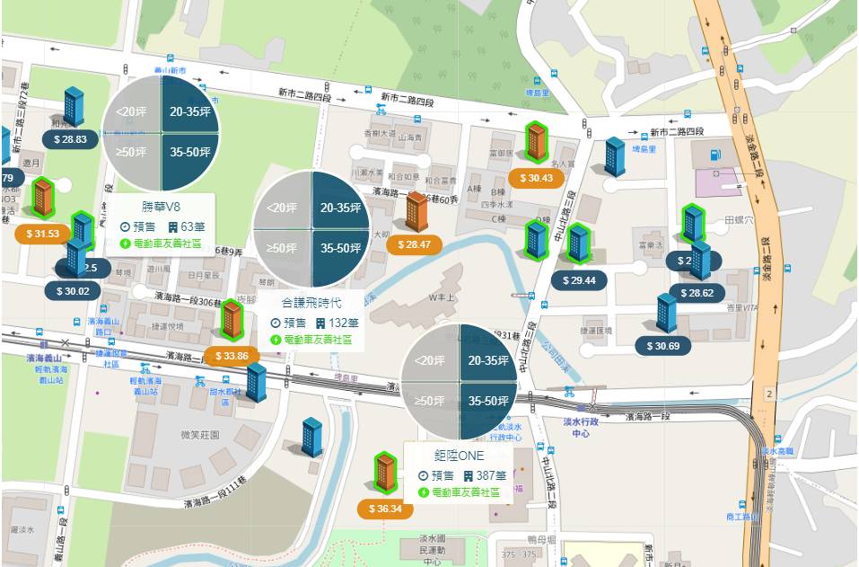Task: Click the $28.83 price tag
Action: (x=70, y=139)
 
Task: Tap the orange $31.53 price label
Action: (x=43, y=234)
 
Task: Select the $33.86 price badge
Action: (x=232, y=356)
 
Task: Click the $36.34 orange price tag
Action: (x=384, y=509)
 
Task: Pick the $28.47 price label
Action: (x=414, y=244)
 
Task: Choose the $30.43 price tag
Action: (x=536, y=178)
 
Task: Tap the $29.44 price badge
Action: (x=579, y=280)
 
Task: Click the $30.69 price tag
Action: (x=662, y=346)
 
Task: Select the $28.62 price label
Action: (x=697, y=293)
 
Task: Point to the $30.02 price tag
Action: (x=73, y=290)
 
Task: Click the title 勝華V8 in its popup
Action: (x=162, y=207)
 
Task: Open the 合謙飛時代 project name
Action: (x=311, y=303)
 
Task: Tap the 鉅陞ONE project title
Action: (x=459, y=456)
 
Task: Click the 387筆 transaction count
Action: (x=486, y=475)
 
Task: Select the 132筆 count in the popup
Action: (x=337, y=323)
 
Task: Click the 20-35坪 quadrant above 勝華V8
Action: (x=189, y=112)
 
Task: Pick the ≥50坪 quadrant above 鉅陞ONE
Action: (x=430, y=400)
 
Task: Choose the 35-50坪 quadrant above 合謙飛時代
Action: (x=340, y=248)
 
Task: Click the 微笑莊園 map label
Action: (x=199, y=435)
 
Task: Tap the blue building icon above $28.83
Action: (x=73, y=106)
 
